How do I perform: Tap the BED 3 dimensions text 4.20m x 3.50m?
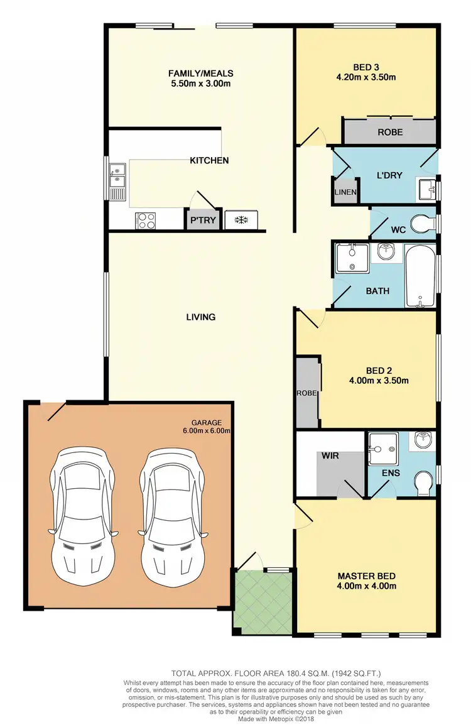click(365, 78)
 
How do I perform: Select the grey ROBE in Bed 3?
click(389, 132)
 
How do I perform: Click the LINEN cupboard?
click(345, 191)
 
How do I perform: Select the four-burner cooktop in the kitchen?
click(146, 221)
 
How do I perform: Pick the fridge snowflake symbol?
click(239, 221)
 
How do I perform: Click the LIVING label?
click(201, 317)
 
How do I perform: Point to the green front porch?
click(263, 600)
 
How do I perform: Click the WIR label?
click(330, 455)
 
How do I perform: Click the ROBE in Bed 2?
click(308, 393)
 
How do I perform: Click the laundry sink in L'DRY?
click(425, 187)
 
